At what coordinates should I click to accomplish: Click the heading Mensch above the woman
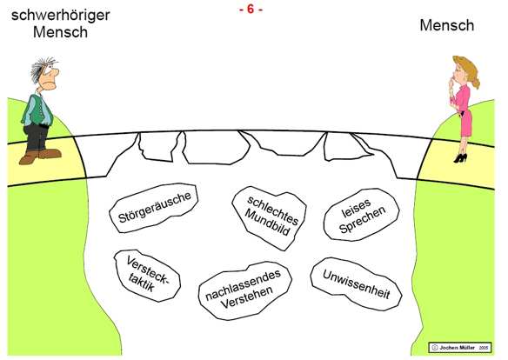click(x=447, y=25)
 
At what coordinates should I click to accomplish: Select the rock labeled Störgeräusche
click(x=155, y=208)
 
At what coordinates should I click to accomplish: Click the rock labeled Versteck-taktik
click(x=147, y=277)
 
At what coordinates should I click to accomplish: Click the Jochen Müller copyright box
click(x=461, y=347)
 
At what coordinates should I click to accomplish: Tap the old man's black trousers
click(x=37, y=136)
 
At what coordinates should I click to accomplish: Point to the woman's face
click(x=456, y=73)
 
